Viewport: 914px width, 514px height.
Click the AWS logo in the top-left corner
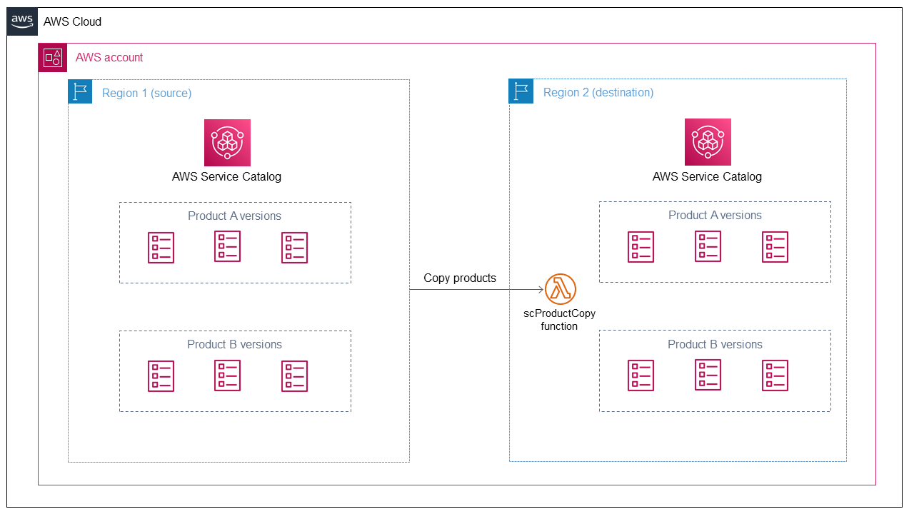point(22,21)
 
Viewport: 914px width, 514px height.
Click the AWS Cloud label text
point(72,21)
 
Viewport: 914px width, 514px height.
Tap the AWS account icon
point(52,58)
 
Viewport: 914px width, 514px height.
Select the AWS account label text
point(109,57)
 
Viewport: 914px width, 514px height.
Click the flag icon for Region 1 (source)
point(80,92)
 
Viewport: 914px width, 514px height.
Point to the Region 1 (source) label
point(146,93)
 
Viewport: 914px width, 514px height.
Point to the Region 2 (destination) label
point(598,92)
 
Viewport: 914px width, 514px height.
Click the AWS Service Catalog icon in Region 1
point(227,142)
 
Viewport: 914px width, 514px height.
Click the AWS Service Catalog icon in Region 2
point(708,142)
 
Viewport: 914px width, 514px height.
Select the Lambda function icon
point(560,289)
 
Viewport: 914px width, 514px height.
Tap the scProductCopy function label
point(559,320)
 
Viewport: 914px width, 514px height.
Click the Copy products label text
point(459,278)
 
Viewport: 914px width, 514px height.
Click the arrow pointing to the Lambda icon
point(476,289)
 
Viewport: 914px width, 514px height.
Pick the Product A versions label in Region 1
point(234,216)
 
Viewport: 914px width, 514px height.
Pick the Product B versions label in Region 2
point(715,344)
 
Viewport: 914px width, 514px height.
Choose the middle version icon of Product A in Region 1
point(227,247)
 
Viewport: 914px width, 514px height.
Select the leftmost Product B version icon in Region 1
point(161,376)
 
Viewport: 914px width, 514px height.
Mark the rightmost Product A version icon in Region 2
point(775,247)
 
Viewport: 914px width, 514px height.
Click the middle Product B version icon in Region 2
point(708,376)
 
